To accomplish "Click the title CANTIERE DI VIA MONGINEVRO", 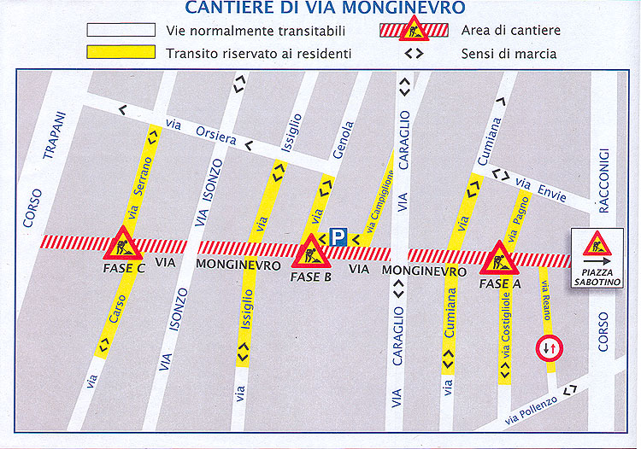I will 325,9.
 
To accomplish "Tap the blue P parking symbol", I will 338,237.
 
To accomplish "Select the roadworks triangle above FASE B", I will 309,251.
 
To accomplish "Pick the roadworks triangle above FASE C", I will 123,245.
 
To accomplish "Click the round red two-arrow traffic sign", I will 548,349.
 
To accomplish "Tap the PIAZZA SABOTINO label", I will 598,277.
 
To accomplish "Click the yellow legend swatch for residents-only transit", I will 121,52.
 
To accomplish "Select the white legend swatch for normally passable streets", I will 121,31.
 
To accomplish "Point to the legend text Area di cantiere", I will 510,32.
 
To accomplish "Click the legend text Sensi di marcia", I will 509,54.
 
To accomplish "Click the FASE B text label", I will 310,277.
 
